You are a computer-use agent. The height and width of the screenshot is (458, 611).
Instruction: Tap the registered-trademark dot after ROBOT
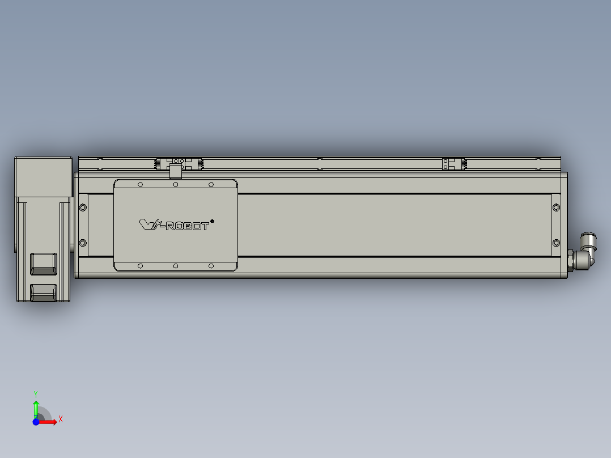212,220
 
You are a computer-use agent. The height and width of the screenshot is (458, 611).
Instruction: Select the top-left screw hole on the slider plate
141,184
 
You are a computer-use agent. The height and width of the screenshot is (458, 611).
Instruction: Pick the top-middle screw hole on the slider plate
176,184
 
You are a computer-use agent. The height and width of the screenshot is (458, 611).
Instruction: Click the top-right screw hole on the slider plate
211,184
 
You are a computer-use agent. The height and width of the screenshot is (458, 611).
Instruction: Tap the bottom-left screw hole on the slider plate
141,266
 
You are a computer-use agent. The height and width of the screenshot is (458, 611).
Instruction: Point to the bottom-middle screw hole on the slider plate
176,266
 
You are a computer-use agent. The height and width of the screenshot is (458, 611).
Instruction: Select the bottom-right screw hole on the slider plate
211,266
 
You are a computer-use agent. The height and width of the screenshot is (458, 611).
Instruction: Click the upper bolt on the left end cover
83,207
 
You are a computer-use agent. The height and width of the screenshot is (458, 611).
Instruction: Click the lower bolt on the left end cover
83,243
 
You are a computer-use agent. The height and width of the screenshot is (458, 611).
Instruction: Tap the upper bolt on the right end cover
555,207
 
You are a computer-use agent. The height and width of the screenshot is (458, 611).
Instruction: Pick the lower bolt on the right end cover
555,243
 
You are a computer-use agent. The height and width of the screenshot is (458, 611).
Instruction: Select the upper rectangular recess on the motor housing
44,263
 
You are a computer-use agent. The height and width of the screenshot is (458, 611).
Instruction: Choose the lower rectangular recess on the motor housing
44,292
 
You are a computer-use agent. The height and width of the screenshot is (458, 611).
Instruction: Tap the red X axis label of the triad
61,419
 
